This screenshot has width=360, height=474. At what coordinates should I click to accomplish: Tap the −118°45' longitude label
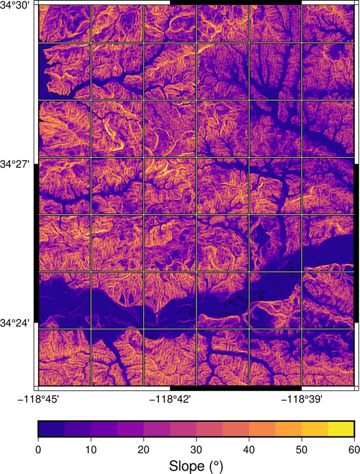pyautogui.click(x=39, y=399)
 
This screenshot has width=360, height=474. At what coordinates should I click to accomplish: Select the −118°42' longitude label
pyautogui.click(x=170, y=399)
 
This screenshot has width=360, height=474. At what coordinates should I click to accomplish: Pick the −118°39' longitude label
pyautogui.click(x=301, y=399)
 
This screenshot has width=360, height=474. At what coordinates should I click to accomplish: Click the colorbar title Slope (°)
pyautogui.click(x=196, y=464)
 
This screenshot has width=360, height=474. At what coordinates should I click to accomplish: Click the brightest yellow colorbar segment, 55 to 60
pyautogui.click(x=341, y=428)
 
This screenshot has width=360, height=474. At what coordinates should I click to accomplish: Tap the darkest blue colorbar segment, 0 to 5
pyautogui.click(x=51, y=428)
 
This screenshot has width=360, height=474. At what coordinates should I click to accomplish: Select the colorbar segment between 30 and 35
pyautogui.click(x=209, y=428)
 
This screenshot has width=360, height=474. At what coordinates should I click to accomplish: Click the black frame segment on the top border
pyautogui.click(x=235, y=2)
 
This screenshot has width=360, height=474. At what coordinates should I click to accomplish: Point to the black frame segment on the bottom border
pyautogui.click(x=235, y=388)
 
